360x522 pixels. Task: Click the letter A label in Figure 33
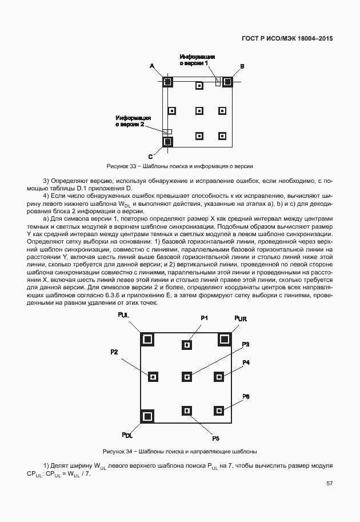click(x=153, y=66)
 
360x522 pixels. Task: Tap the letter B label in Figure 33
click(x=242, y=67)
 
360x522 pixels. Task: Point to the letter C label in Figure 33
click(x=150, y=156)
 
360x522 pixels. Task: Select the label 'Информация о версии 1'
click(x=197, y=60)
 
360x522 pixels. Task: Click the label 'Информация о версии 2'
click(x=134, y=120)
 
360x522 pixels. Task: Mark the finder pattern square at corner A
click(x=167, y=82)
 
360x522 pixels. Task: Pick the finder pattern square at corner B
click(x=227, y=82)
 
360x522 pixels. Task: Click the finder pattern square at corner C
click(x=167, y=141)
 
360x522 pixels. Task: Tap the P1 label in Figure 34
click(x=204, y=317)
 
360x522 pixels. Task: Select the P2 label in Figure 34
click(x=114, y=352)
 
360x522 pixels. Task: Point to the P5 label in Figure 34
click(x=215, y=438)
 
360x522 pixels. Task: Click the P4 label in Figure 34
click(x=246, y=362)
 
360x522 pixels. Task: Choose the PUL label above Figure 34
click(x=123, y=316)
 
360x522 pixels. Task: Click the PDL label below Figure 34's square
click(x=127, y=436)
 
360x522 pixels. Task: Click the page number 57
click(x=329, y=484)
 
